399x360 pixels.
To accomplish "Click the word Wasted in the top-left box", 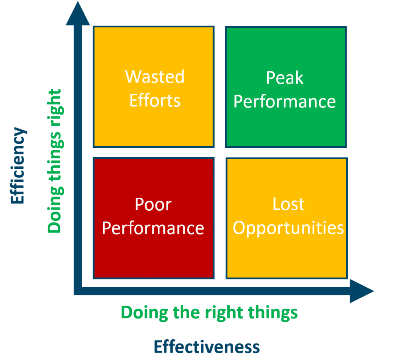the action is click(x=155, y=77).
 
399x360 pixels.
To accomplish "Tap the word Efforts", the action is click(x=155, y=100).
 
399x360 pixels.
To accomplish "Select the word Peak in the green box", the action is click(x=285, y=78).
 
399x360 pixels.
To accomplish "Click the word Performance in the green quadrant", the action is click(x=285, y=102).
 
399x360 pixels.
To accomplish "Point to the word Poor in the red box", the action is click(x=153, y=204).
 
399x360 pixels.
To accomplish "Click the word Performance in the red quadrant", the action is click(x=153, y=228).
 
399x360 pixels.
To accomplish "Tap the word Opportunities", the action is click(x=288, y=228).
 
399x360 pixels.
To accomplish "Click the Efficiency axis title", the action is click(x=18, y=165).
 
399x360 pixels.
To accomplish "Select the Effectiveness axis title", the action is click(x=207, y=347).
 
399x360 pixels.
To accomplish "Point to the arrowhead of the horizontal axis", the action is click(x=362, y=291).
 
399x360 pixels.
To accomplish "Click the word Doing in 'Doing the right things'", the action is click(x=145, y=313).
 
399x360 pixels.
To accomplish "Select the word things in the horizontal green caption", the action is click(x=273, y=313).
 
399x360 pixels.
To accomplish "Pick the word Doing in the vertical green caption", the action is click(x=55, y=210).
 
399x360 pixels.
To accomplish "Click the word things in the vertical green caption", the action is click(x=55, y=157).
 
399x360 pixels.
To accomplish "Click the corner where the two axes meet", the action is click(x=78, y=291).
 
